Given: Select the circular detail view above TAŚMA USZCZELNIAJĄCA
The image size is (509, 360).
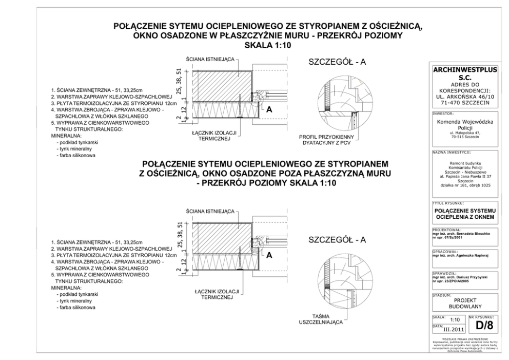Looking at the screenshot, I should click(x=339, y=281).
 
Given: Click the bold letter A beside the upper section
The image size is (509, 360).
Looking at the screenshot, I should click(x=268, y=109).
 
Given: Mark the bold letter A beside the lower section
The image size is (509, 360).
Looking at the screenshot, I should click(x=268, y=255).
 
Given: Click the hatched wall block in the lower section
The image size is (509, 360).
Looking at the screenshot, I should click(x=221, y=234).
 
